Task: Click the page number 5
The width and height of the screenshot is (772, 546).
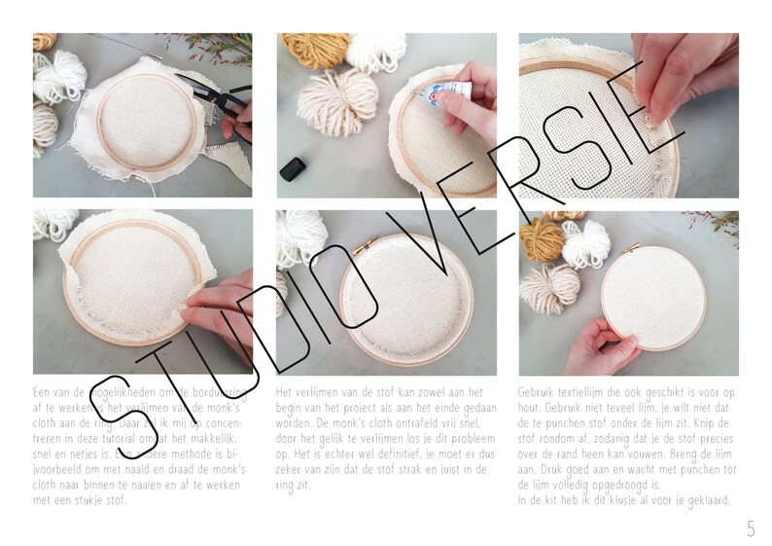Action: click(x=750, y=528)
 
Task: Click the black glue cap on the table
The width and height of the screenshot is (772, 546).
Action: click(x=293, y=168)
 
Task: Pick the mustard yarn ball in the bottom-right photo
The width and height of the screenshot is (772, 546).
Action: click(x=542, y=238)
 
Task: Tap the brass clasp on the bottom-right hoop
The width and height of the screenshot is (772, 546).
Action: click(x=630, y=249)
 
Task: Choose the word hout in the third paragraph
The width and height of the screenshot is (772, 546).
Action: click(x=531, y=407)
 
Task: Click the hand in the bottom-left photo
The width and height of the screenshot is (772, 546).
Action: click(x=219, y=309)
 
